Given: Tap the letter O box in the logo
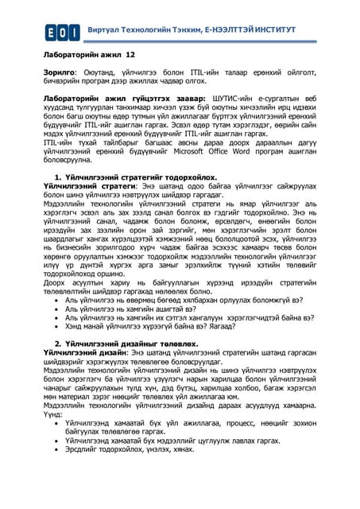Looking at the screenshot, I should (63, 31).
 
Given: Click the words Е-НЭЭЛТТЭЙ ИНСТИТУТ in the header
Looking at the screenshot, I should (250, 30).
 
